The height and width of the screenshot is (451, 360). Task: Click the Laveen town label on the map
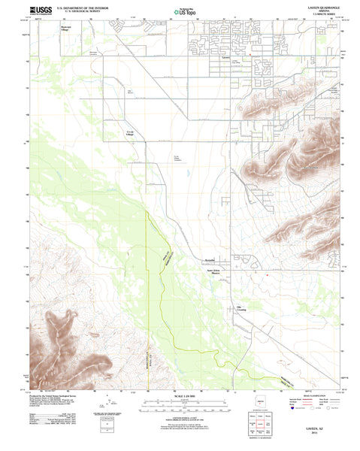click(x=227, y=56)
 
